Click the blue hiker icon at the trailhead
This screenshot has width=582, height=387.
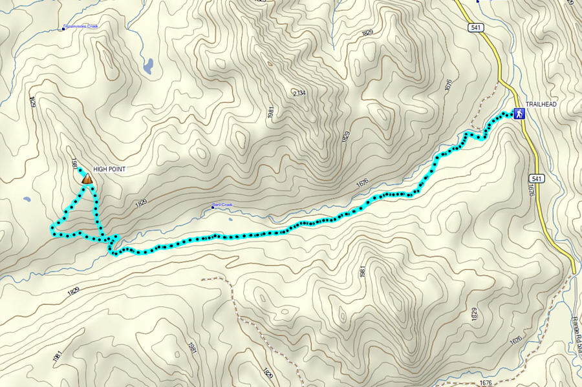pyautogui.click(x=518, y=114)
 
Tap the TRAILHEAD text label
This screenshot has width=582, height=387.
pyautogui.click(x=541, y=104)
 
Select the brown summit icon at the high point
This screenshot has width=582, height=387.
pyautogui.click(x=86, y=179)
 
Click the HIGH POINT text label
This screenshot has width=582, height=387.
pyautogui.click(x=109, y=169)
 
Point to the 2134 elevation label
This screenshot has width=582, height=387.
pyautogui.click(x=299, y=94)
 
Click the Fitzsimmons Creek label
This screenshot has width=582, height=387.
pyautogui.click(x=82, y=27)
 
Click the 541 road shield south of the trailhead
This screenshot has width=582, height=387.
pyautogui.click(x=535, y=178)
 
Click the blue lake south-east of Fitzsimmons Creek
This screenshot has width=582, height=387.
pyautogui.click(x=148, y=65)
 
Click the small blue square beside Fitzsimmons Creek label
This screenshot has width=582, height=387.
pyautogui.click(x=63, y=28)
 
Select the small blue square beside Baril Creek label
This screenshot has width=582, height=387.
pyautogui.click(x=212, y=207)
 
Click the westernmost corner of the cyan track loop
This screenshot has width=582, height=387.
pyautogui.click(x=52, y=226)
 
